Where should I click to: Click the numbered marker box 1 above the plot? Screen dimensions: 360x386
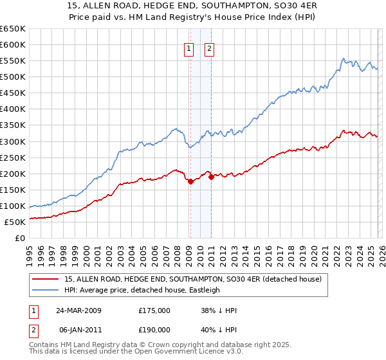(x=190, y=48)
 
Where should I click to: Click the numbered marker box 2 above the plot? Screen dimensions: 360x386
(x=210, y=48)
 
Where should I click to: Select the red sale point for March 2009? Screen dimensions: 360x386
(x=190, y=182)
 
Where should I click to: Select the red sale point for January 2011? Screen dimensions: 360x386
(x=211, y=177)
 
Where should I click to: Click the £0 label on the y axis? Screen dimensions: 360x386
(x=19, y=238)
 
